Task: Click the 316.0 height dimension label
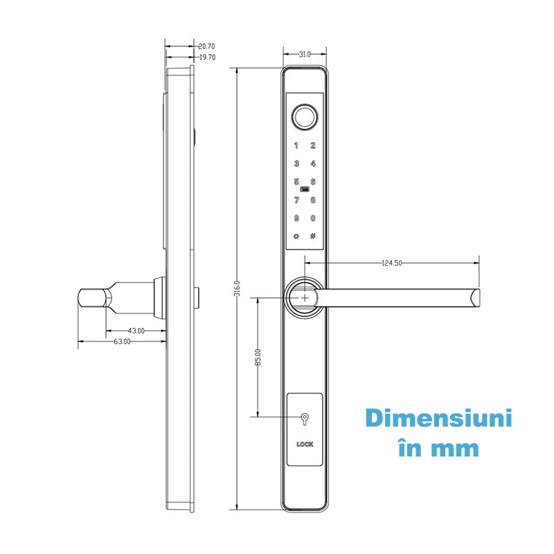[237, 287]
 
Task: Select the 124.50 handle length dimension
[393, 263]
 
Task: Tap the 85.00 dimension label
[258, 357]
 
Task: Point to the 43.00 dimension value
[136, 331]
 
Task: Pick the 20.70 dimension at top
[206, 46]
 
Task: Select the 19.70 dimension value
[206, 57]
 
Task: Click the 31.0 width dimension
[303, 54]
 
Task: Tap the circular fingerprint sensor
[304, 116]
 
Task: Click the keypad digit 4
[313, 164]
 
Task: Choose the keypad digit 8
[313, 201]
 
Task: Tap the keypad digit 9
[296, 219]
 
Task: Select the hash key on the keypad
[313, 236]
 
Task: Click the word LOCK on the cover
[304, 445]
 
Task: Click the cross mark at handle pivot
[304, 296]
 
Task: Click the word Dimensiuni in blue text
[438, 420]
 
